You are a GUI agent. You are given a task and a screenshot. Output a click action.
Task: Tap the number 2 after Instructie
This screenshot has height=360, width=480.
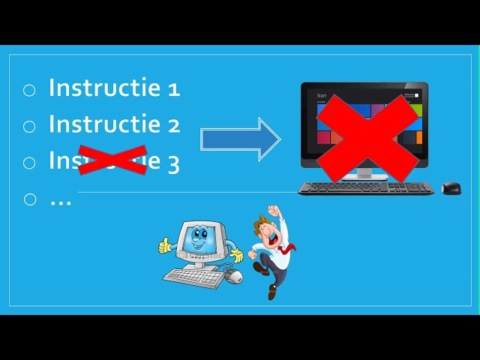174,125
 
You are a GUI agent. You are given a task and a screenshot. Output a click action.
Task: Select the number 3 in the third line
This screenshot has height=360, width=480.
173,162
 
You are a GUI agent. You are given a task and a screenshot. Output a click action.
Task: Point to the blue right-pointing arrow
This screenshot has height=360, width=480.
240,139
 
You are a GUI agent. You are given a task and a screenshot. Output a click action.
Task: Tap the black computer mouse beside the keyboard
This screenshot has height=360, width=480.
451,188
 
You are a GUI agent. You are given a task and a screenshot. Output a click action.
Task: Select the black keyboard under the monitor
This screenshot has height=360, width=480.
365,188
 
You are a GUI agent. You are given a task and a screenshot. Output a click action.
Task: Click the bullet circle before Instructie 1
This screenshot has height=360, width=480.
29,90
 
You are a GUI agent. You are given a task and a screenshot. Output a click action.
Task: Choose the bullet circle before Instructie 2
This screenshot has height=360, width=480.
29,126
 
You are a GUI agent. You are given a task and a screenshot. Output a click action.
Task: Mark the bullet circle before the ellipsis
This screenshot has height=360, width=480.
29,199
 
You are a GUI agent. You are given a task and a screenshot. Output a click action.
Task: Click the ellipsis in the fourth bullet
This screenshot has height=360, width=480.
60,201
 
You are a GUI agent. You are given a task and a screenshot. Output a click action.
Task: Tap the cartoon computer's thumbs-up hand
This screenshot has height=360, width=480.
166,244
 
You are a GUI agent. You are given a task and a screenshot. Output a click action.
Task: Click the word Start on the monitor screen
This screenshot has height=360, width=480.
322,96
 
